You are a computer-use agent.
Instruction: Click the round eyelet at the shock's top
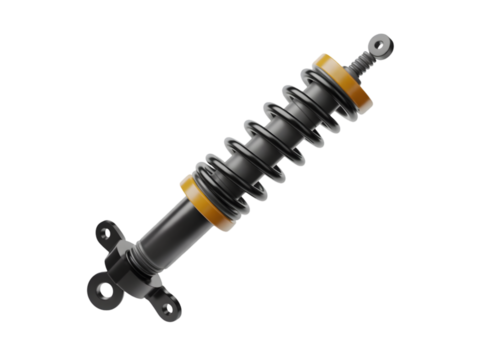coord(381,46)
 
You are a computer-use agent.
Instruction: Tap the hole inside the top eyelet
coord(378,45)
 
